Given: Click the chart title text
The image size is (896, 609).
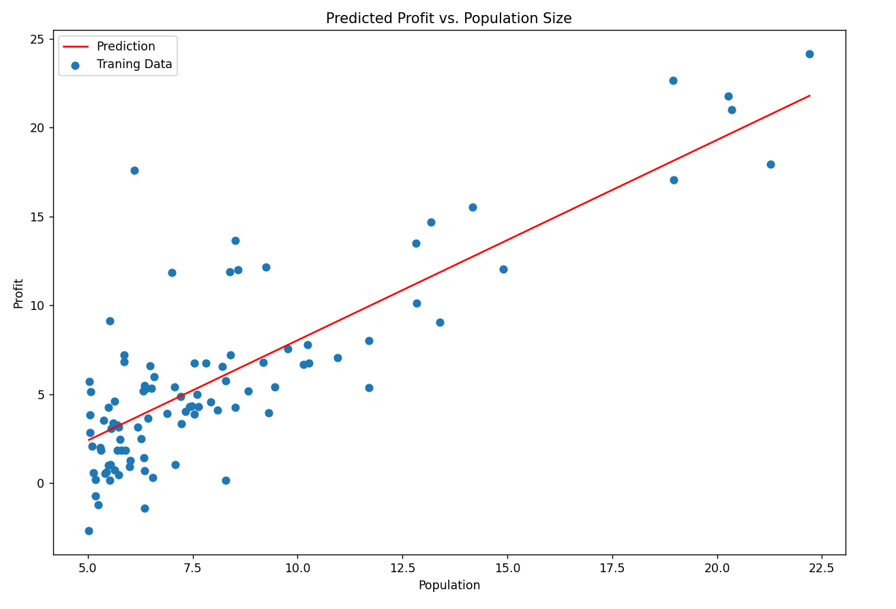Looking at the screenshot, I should tap(448, 18).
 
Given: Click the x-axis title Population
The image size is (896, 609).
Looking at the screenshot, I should tap(449, 585).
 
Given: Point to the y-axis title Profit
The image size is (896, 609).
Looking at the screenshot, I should tap(18, 293).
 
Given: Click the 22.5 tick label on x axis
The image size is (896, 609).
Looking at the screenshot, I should tap(822, 567).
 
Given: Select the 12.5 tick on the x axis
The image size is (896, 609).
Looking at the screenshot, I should tap(402, 567).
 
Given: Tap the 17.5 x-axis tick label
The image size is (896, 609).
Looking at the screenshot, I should tap(612, 567).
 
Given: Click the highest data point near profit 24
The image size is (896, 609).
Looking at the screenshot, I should tap(809, 54).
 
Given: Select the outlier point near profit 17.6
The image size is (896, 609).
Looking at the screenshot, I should tap(134, 170).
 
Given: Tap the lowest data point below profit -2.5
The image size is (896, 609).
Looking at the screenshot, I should tap(89, 531).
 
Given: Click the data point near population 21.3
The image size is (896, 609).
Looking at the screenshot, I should tap(771, 164).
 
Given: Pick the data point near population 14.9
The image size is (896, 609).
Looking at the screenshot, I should tap(503, 269).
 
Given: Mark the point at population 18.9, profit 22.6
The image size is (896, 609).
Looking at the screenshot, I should tap(673, 80).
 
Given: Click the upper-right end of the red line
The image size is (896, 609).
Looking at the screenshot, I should tap(809, 95).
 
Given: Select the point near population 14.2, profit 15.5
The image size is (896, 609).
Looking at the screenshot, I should tap(473, 207).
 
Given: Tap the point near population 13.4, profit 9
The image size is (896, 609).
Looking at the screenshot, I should tap(440, 322).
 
